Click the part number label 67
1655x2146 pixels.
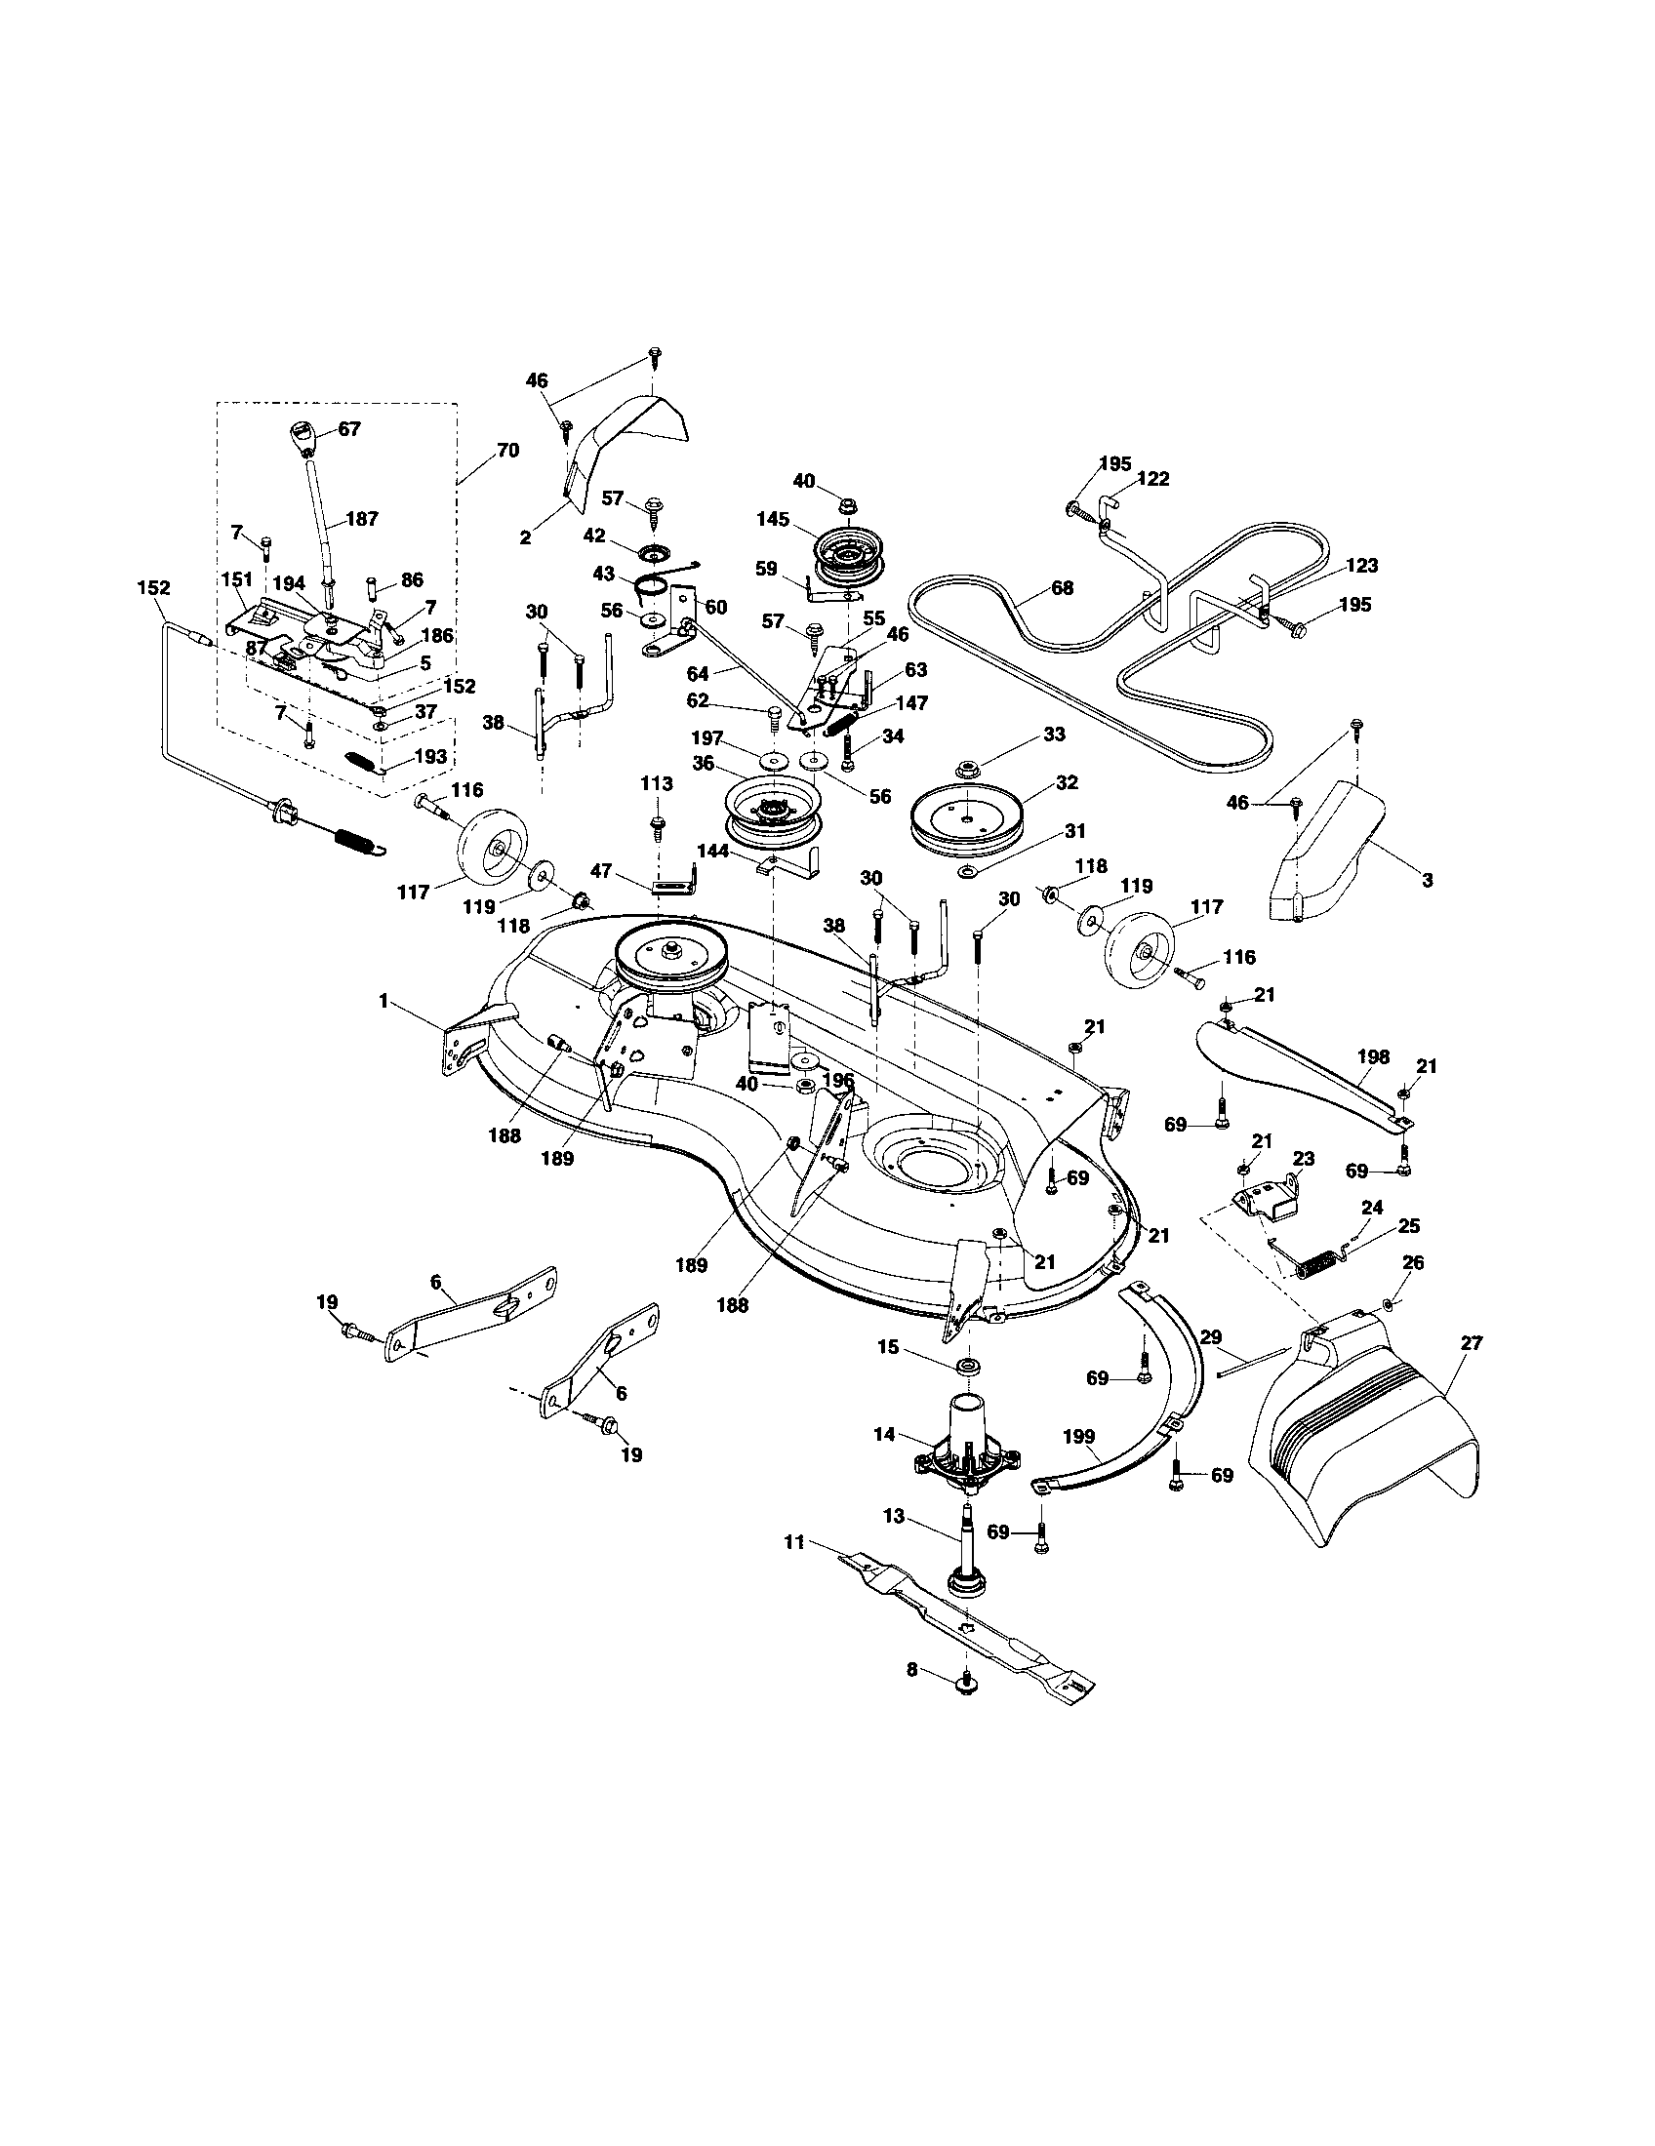(x=349, y=429)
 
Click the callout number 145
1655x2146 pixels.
(x=773, y=520)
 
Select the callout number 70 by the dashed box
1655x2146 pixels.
(x=508, y=451)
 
